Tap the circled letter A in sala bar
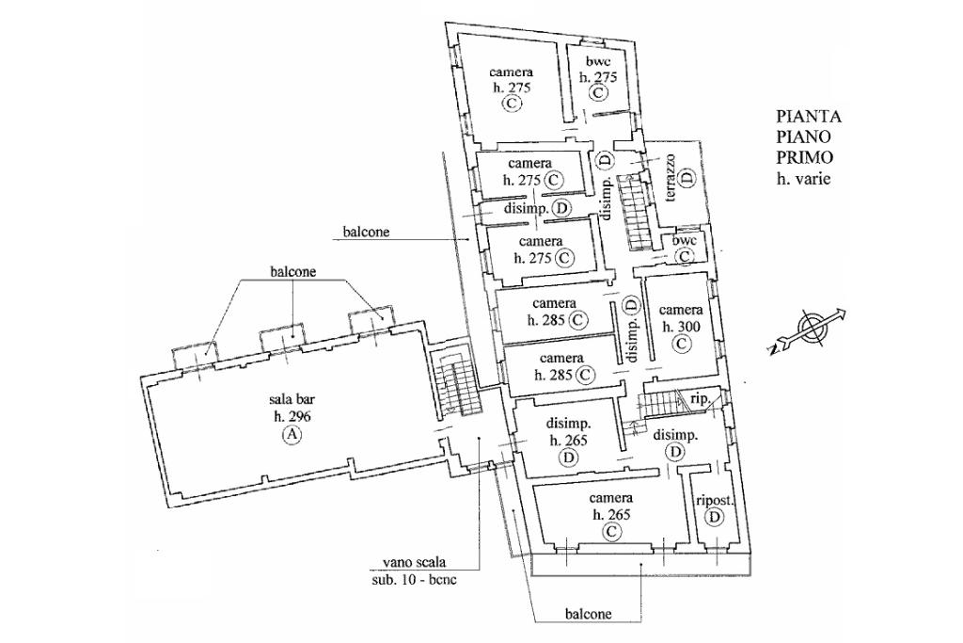point(292,435)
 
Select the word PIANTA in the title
point(808,116)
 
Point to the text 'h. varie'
point(803,179)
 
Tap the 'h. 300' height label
point(681,327)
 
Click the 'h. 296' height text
point(292,416)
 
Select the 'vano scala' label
point(414,562)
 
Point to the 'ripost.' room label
point(715,501)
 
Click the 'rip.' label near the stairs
point(700,397)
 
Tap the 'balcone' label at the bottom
point(589,614)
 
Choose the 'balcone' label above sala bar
point(293,271)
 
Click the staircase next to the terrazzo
point(633,211)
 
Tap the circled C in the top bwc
point(598,93)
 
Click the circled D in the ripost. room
point(715,518)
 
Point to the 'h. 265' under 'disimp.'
point(569,441)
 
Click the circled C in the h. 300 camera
point(681,345)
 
